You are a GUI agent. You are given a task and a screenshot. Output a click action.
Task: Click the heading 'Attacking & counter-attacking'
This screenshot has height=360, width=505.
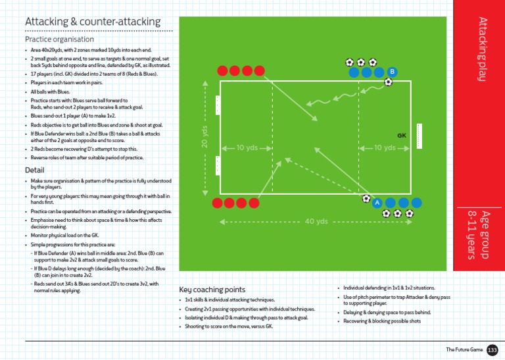(92, 22)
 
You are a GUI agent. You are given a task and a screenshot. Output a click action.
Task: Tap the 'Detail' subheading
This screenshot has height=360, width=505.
(34, 170)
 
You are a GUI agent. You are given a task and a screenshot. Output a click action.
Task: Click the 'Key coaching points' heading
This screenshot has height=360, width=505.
(212, 290)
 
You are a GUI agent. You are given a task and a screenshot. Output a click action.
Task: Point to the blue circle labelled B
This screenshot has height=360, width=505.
(392, 71)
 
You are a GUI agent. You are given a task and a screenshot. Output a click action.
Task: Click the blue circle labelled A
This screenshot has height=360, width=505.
(377, 203)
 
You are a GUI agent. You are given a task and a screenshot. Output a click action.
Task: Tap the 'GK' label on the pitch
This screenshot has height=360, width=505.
(402, 136)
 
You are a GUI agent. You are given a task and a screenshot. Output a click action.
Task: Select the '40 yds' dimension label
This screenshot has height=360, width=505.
(316, 221)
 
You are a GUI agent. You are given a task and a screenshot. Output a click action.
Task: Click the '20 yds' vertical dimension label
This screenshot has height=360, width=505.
(204, 137)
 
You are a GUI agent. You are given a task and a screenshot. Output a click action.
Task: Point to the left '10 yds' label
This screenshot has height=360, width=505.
(247, 148)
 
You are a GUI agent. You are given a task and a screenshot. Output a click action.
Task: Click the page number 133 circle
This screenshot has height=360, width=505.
(493, 349)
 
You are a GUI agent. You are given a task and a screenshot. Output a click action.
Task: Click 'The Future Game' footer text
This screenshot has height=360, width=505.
(463, 349)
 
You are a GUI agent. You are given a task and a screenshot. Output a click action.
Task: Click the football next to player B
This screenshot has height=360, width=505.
(388, 82)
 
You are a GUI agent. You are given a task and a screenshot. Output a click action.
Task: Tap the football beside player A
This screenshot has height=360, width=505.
(366, 197)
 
